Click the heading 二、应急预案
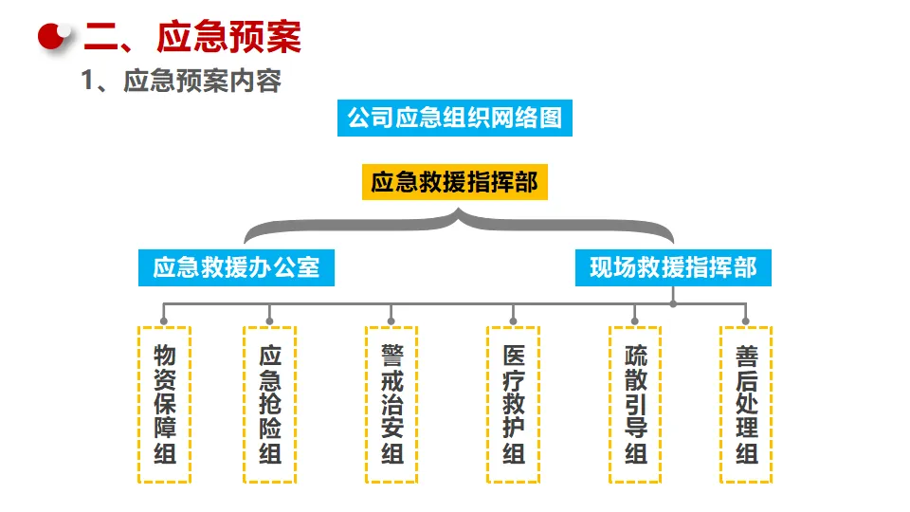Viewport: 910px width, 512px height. click(x=192, y=37)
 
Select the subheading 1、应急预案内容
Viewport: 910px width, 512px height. click(x=181, y=82)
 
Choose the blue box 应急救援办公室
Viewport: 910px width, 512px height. click(x=237, y=266)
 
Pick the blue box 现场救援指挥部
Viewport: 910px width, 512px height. click(x=673, y=266)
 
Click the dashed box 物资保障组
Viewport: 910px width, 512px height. click(x=165, y=405)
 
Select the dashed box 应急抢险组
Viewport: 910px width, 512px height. click(x=270, y=405)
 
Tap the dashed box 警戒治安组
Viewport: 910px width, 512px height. click(x=391, y=405)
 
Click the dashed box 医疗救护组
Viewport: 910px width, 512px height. click(x=514, y=405)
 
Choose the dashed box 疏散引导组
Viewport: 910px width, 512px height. click(x=635, y=405)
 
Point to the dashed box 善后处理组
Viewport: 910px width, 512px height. click(x=746, y=405)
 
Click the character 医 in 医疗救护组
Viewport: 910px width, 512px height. click(x=514, y=356)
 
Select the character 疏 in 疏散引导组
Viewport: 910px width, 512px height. click(x=635, y=356)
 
